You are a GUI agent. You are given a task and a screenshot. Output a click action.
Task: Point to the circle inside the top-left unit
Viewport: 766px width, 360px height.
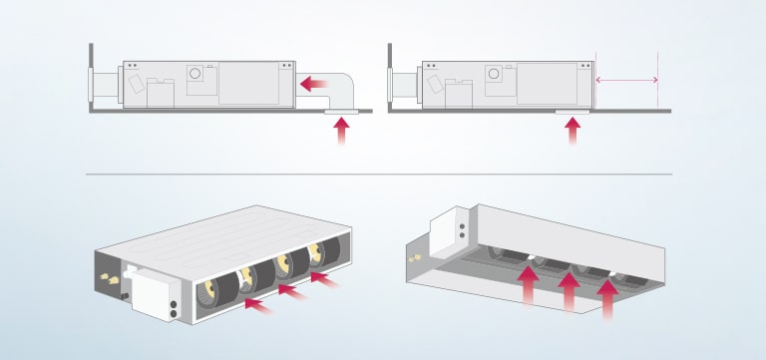click(196, 73)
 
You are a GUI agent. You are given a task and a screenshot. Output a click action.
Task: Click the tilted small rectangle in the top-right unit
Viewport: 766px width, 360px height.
click(431, 86)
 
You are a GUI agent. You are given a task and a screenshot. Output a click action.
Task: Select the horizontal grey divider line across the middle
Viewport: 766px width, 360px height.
click(379, 175)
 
